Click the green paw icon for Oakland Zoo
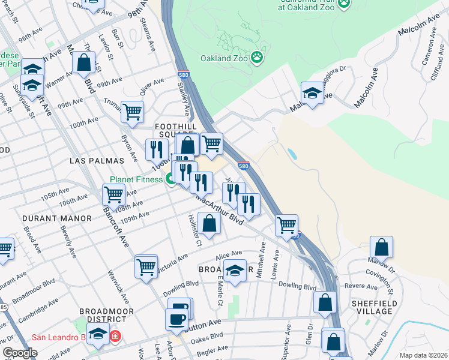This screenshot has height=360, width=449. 257,58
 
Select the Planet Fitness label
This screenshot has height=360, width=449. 136,179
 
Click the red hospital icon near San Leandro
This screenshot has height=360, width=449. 115,337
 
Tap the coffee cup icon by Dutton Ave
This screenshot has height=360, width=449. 176,319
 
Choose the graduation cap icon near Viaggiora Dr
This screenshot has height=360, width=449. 312,92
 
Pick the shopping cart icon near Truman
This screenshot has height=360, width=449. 132,110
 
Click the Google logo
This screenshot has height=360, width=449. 20,353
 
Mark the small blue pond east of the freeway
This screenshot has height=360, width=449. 292,154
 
